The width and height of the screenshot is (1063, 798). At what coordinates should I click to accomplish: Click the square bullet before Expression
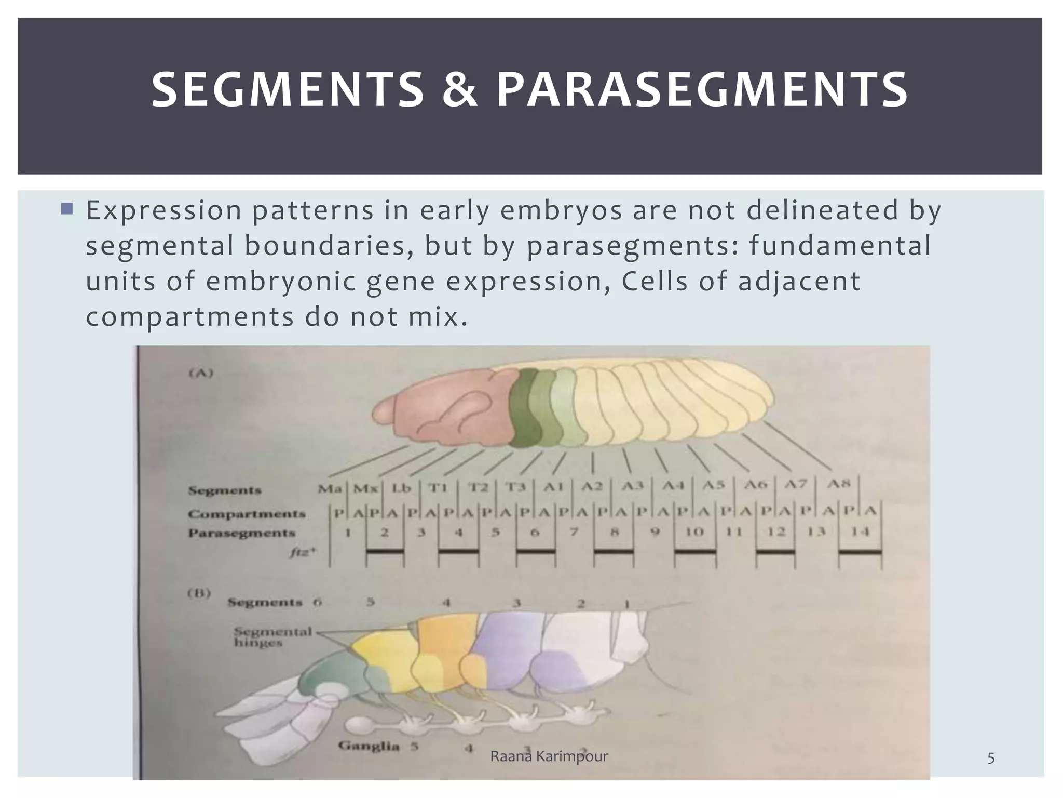[x=67, y=209]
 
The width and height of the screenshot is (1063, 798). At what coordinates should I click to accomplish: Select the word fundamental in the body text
[x=840, y=246]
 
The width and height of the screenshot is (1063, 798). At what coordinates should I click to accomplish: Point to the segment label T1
[x=437, y=488]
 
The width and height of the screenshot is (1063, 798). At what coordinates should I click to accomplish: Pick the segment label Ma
[x=330, y=489]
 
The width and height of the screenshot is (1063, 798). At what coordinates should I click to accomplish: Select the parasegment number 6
[x=535, y=532]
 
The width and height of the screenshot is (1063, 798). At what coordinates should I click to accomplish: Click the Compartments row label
[x=247, y=514]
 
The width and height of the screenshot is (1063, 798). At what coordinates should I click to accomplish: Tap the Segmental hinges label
[x=271, y=637]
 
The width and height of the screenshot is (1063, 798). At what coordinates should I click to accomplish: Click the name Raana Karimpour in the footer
[x=549, y=756]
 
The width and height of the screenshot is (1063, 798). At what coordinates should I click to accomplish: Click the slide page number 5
[x=990, y=759]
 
